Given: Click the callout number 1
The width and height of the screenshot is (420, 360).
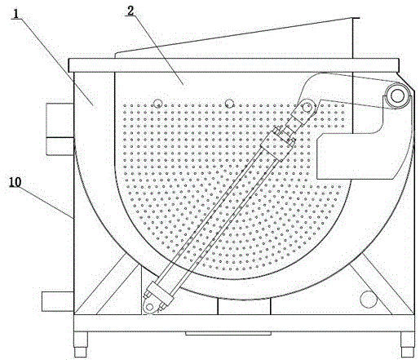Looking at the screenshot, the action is (16, 14).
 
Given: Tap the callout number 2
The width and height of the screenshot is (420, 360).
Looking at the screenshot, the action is (130, 11).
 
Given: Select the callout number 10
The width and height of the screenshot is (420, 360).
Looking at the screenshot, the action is (15, 182).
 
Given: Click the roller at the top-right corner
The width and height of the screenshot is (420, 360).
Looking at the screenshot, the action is (397, 96).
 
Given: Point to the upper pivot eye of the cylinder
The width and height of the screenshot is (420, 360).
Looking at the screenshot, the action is (307, 107).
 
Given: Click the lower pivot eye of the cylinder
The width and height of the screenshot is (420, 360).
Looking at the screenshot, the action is (149, 307).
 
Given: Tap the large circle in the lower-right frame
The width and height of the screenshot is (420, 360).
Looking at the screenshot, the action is (369, 300).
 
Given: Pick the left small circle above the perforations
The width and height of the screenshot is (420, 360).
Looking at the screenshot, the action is (157, 103).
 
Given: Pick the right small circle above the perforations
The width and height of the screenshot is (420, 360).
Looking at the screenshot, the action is (230, 103).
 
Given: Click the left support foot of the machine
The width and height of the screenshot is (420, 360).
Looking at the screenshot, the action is (81, 344).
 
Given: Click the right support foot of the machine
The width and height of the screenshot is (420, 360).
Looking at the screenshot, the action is (408, 344).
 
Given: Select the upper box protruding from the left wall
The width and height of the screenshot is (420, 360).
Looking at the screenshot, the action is (60, 129).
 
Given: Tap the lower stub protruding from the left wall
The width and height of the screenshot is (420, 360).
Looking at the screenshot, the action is (58, 301).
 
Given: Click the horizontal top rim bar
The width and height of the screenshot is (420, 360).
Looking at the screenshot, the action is (234, 65).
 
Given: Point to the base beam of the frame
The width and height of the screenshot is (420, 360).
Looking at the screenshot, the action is (244, 323).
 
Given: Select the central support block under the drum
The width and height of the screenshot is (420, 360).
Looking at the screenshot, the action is (244, 307).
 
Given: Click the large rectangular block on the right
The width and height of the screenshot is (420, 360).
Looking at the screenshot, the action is (356, 156).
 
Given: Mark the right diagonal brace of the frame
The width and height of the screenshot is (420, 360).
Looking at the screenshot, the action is (382, 284).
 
